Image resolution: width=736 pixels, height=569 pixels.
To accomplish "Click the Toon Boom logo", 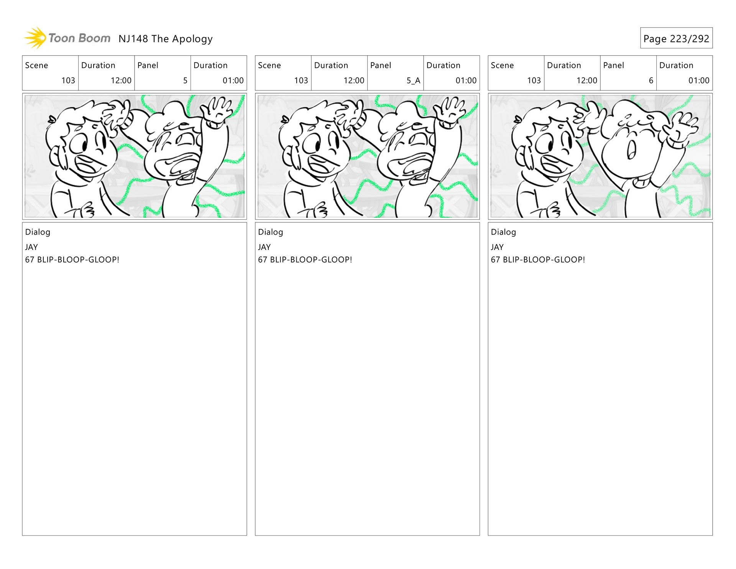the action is (67, 38).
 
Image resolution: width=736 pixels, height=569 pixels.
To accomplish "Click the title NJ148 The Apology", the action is (166, 39).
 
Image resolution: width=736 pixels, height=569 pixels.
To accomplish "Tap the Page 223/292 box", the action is (676, 38).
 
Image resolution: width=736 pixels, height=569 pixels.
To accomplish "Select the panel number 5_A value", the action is (413, 81).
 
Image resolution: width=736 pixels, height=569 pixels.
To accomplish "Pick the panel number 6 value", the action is (651, 81).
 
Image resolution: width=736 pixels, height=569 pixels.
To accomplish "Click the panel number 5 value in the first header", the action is (185, 81).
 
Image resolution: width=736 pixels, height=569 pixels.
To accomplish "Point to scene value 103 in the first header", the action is (68, 81).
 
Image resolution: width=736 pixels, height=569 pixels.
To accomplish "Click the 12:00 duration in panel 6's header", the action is (587, 81).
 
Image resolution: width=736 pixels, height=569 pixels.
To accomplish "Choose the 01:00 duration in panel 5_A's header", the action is (466, 81).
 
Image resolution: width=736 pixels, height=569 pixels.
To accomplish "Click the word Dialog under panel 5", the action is (38, 232).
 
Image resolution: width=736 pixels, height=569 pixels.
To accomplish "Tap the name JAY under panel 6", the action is (497, 247).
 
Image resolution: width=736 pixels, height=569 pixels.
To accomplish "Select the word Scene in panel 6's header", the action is (502, 65).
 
